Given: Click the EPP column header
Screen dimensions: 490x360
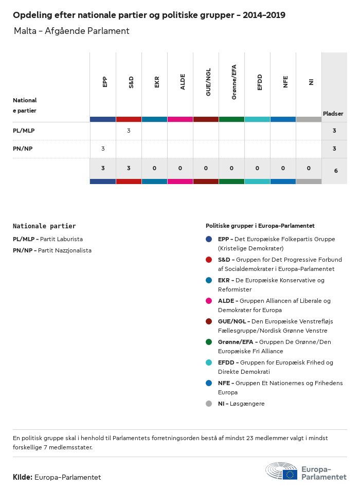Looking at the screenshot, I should [105, 82].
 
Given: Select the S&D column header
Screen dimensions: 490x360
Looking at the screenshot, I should [131, 82].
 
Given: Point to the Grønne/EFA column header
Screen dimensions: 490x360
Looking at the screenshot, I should [234, 82].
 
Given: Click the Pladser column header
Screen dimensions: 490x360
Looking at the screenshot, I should [333, 114].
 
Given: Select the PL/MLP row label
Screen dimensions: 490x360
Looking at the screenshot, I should [24, 131].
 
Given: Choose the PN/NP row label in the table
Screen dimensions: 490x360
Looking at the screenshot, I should [23, 149].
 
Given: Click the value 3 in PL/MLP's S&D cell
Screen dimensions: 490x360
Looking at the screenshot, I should [129, 131].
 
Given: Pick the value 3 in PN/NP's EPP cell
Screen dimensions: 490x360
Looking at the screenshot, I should [103, 149].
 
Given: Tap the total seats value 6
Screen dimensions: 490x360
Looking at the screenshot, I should [335, 170].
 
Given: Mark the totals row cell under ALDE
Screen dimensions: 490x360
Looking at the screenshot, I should [180, 168].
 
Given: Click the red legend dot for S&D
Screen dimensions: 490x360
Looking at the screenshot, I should [209, 260].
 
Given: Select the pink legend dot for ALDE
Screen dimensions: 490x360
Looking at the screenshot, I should [209, 301].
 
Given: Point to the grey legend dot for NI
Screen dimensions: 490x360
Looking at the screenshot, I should [209, 404].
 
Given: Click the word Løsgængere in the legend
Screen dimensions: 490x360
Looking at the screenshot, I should [248, 404].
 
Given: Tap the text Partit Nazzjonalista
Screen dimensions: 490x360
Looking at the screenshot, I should [65, 250].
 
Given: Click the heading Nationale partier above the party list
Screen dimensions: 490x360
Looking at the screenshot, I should [44, 226].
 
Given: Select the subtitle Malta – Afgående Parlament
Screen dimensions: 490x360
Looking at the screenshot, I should [71, 31].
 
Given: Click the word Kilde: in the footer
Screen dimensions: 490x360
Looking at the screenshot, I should [23, 477].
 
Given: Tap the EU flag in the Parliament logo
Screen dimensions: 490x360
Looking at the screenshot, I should [290, 474].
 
